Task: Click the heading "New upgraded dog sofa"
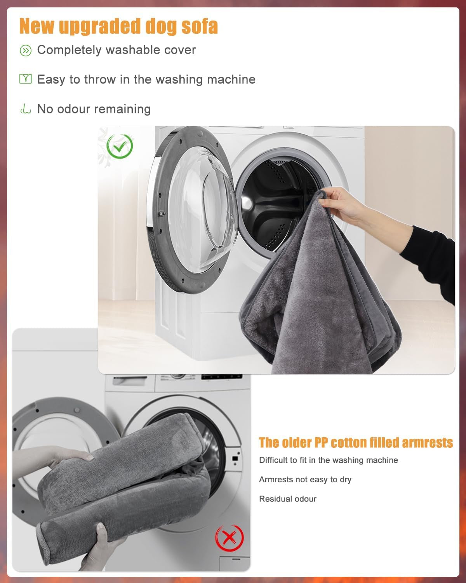(118, 26)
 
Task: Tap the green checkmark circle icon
(120, 146)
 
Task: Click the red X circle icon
(230, 538)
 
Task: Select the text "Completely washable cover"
(116, 50)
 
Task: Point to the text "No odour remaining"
(94, 109)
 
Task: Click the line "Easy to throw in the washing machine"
(146, 79)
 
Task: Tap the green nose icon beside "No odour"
(25, 109)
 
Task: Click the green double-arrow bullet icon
(25, 51)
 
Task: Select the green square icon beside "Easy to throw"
(25, 79)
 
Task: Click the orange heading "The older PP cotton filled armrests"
(356, 443)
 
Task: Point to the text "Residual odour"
(288, 499)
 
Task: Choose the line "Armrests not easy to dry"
(305, 479)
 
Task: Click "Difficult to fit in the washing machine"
(328, 460)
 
